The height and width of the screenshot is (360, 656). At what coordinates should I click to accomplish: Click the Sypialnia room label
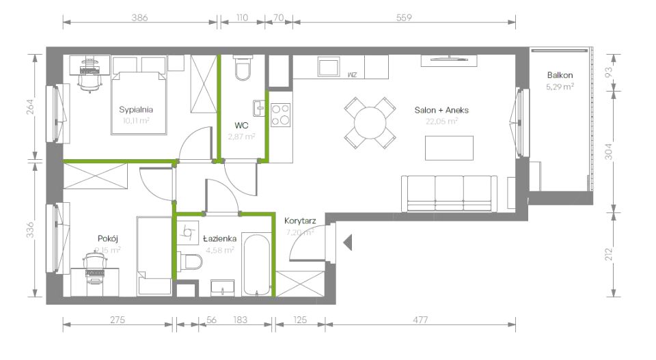135,109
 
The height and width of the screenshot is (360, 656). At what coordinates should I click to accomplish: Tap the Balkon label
560,75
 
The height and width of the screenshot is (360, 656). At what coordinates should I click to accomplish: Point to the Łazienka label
220,238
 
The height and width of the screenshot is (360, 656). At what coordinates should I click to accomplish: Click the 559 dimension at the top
404,18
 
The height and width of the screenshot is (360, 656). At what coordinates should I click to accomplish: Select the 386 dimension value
141,18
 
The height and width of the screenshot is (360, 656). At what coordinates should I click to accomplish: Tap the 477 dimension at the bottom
420,319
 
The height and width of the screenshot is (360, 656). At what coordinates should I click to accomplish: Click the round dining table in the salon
370,123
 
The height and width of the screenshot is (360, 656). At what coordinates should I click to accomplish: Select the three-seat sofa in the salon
449,193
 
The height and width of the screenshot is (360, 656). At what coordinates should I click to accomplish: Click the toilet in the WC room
243,68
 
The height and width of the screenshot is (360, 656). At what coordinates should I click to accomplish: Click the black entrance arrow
346,241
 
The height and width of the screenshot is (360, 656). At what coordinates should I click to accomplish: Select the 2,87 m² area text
241,137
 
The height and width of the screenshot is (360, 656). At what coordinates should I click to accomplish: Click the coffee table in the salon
449,148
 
